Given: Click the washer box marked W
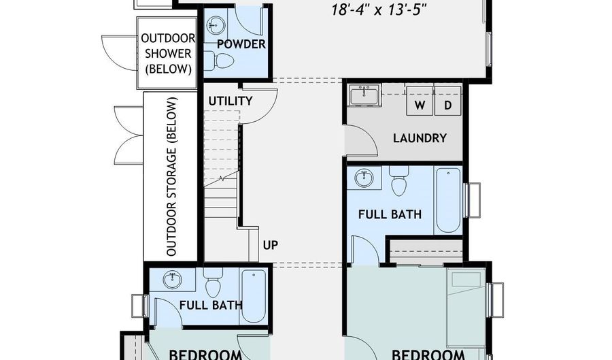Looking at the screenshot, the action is click(420, 101).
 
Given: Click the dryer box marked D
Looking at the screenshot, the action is click(447, 101).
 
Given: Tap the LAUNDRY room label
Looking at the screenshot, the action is click(420, 138).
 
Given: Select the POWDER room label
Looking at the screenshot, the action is click(241, 44).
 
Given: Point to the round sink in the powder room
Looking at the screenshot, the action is click(215, 26).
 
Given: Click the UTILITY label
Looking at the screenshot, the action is click(231, 101).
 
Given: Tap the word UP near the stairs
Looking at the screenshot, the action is click(271, 245).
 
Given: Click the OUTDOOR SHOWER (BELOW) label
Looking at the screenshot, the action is click(168, 54).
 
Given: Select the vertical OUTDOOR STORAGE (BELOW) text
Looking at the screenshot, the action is click(171, 176).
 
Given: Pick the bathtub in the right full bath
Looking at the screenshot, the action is click(448, 200).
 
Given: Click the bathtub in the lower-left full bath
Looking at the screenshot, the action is click(254, 296).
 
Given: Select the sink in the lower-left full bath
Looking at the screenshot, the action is click(173, 280).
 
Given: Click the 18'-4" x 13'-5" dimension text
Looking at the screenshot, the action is click(377, 10).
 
